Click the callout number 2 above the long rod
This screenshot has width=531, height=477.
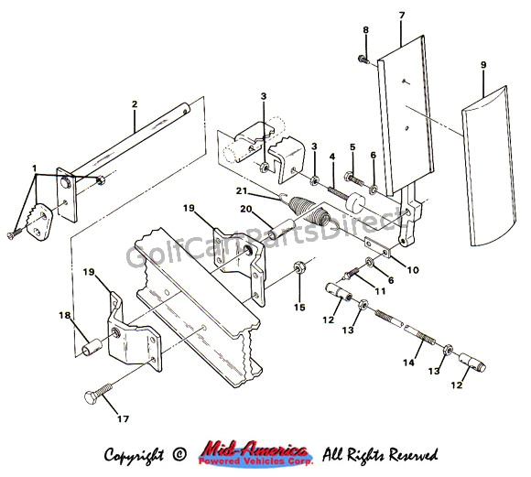(x=134, y=104)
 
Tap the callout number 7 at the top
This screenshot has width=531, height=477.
(x=401, y=15)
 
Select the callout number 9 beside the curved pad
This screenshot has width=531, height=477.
(x=483, y=64)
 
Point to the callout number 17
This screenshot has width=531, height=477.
(x=123, y=418)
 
